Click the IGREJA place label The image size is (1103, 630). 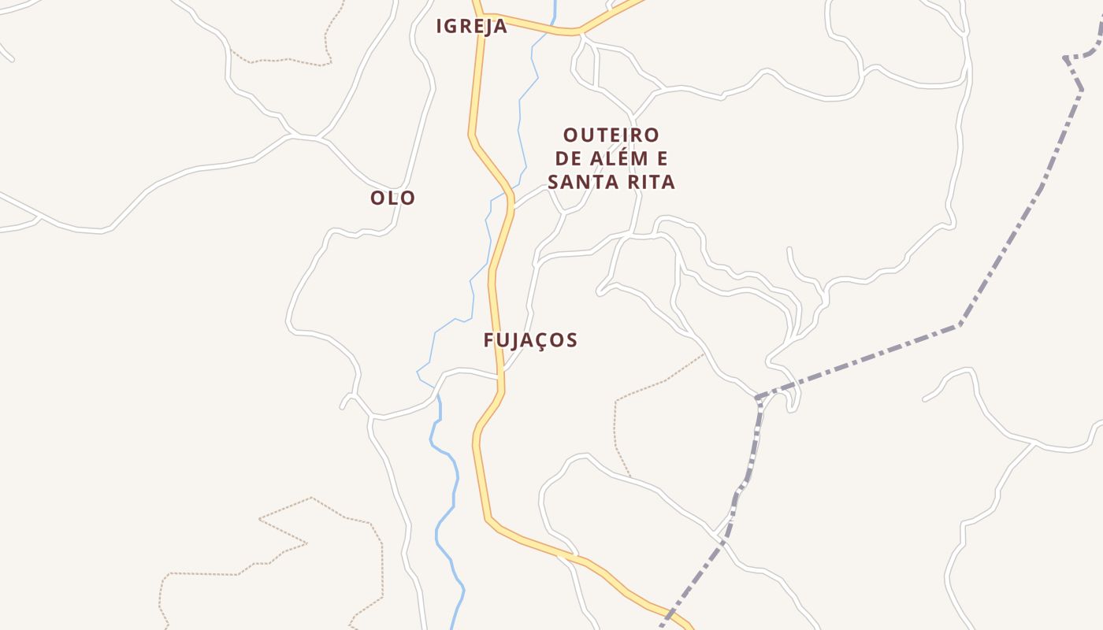[x=472, y=26]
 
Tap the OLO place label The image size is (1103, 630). [x=392, y=198]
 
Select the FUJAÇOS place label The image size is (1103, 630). [x=530, y=340]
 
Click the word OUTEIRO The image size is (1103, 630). [x=611, y=135]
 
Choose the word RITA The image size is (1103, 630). [x=650, y=182]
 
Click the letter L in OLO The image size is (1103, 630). [x=392, y=198]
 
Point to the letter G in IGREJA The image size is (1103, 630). [x=456, y=26]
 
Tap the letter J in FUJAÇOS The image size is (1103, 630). [x=515, y=340]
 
